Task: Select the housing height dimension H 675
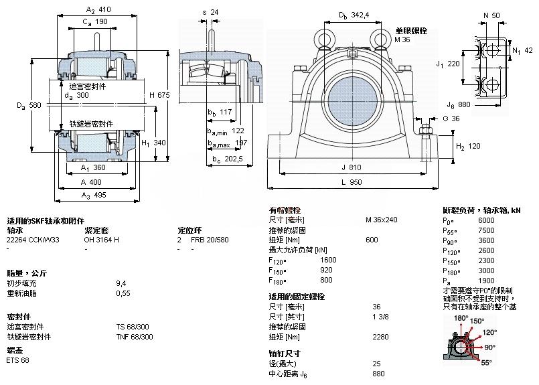pyautogui.click(x=159, y=95)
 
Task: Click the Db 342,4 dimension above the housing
pyautogui.click(x=354, y=14)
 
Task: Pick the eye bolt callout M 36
pyautogui.click(x=402, y=40)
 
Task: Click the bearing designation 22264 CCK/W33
pyautogui.click(x=33, y=240)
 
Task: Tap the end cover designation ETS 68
pyautogui.click(x=17, y=362)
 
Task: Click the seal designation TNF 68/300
pyautogui.click(x=135, y=337)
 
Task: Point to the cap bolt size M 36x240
pyautogui.click(x=381, y=220)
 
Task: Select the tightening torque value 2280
pyautogui.click(x=380, y=337)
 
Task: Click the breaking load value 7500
pyautogui.click(x=485, y=230)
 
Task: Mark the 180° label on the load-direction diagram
pyautogui.click(x=461, y=319)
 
